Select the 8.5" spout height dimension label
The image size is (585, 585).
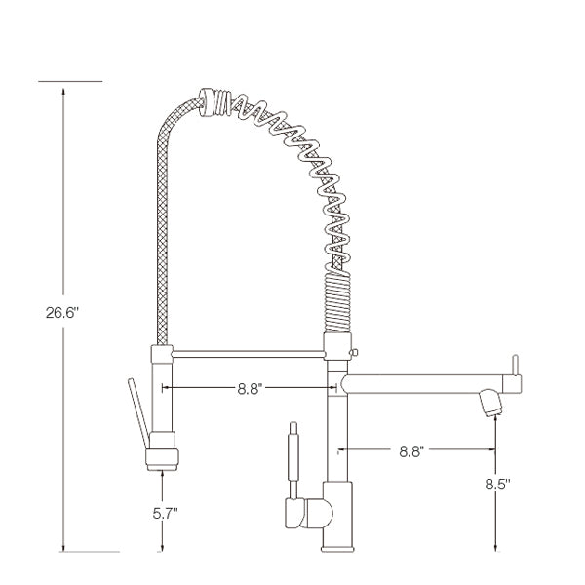coord(496,483)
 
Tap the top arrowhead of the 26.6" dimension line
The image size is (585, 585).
coord(64,87)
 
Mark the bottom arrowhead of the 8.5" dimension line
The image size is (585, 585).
coord(496,548)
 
